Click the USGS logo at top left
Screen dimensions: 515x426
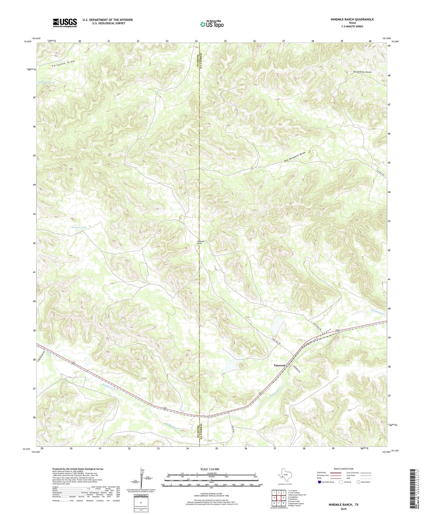coord(65,23)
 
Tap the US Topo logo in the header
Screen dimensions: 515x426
coord(212,24)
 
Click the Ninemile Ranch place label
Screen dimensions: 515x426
coord(201,242)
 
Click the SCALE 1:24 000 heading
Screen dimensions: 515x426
coord(211,469)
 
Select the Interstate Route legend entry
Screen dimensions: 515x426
coord(327,482)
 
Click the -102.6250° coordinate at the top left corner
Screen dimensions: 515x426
coord(36,38)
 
